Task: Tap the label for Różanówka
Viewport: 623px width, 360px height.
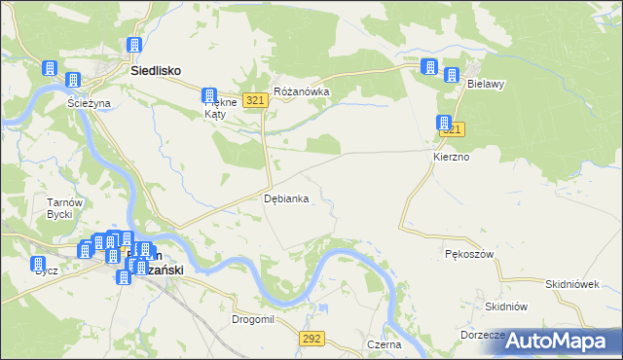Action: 302,92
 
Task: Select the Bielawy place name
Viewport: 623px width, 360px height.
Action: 485,85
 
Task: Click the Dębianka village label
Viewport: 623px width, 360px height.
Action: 287,198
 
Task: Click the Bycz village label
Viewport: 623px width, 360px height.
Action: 46,270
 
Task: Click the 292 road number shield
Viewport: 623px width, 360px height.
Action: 311,339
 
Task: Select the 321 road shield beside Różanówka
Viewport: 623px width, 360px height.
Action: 256,101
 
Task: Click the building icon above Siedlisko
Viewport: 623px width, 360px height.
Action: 134,46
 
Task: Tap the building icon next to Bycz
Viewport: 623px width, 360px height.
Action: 38,264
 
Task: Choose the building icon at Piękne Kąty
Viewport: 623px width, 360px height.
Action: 209,95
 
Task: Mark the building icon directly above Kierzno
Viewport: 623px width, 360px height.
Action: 443,124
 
